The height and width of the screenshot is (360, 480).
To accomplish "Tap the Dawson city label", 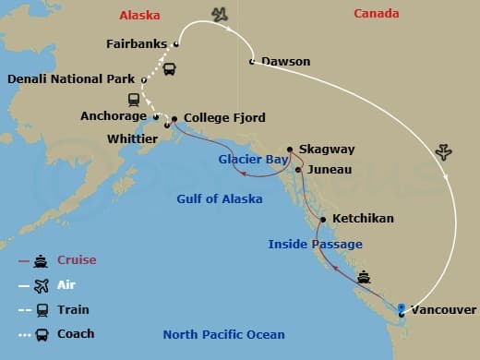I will pyautogui.click(x=285, y=62).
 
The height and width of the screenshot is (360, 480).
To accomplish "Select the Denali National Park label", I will pyautogui.click(x=70, y=79).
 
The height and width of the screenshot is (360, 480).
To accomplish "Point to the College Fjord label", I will pyautogui.click(x=224, y=118).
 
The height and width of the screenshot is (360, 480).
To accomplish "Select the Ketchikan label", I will pyautogui.click(x=362, y=219).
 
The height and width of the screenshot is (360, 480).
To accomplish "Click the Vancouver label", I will pyautogui.click(x=444, y=310).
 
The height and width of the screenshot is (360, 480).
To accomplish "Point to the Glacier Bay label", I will pyautogui.click(x=254, y=159).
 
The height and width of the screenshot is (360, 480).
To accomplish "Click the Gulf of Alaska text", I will pyautogui.click(x=220, y=198).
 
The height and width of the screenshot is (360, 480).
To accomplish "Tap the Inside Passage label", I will pyautogui.click(x=315, y=244).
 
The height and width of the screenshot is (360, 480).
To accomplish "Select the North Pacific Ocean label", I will pyautogui.click(x=223, y=334).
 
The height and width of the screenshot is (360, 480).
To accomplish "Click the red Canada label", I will pyautogui.click(x=377, y=14).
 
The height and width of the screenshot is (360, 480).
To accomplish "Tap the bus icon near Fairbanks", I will pyautogui.click(x=170, y=68).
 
